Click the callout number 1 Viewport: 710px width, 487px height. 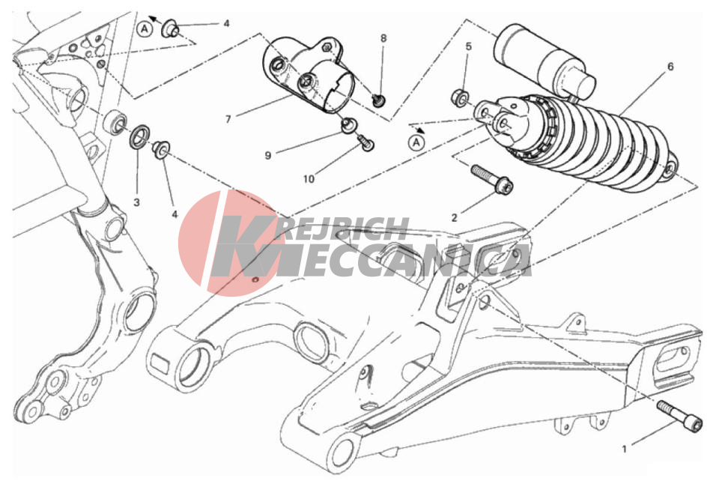click(x=625, y=449)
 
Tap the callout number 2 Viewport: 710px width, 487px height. click(x=454, y=218)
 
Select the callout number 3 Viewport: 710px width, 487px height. click(x=137, y=202)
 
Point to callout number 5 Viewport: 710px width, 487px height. click(x=469, y=46)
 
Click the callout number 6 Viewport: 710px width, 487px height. click(x=670, y=67)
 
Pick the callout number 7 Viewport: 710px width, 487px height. click(x=228, y=119)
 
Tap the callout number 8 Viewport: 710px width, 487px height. click(x=383, y=38)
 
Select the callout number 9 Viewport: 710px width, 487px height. click(x=268, y=155)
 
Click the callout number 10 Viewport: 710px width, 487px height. click(x=309, y=179)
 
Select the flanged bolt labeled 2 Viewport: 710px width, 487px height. click(x=492, y=179)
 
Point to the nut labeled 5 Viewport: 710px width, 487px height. click(x=461, y=97)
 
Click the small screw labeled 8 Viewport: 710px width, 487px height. click(x=378, y=100)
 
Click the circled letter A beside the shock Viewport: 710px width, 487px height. click(x=416, y=143)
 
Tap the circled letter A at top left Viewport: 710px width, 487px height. click(x=145, y=29)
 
